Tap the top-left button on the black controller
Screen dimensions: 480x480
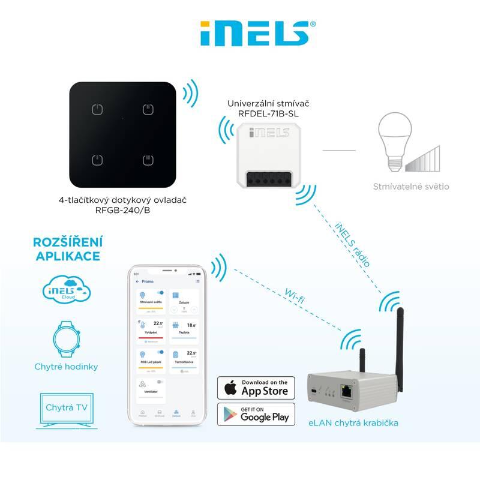pos(97,110)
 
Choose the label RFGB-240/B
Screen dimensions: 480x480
pos(122,210)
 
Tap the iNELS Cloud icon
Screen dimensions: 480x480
pos(66,289)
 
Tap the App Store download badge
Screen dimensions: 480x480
pos(256,388)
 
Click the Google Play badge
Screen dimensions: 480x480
pos(256,414)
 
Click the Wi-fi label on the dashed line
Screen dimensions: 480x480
pos(292,295)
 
